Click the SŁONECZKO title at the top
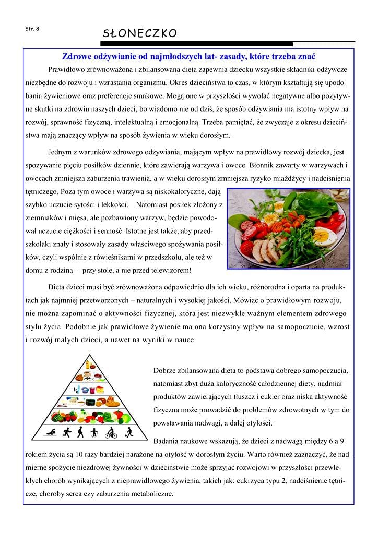(x=140, y=34)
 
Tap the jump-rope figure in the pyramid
(x=94, y=433)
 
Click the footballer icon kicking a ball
(x=127, y=433)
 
